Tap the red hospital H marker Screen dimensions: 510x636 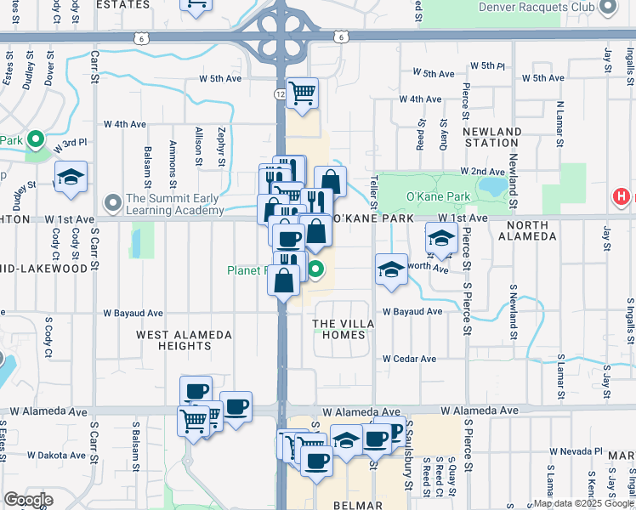(x=622, y=198)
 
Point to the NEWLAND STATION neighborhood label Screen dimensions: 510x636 (x=492, y=138)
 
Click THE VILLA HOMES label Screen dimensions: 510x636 (x=338, y=329)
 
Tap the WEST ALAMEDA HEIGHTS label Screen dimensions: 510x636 (x=185, y=341)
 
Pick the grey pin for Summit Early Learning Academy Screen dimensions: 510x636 (x=112, y=203)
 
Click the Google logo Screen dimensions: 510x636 (x=29, y=499)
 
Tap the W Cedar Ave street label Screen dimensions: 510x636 (x=409, y=359)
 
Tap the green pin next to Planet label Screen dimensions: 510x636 (x=316, y=272)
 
